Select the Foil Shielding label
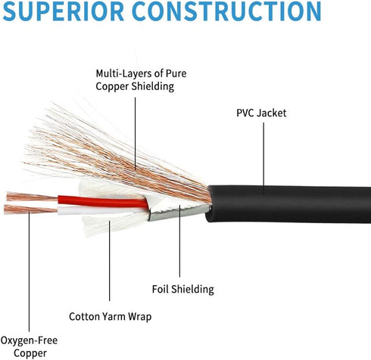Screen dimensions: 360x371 tap(182, 289)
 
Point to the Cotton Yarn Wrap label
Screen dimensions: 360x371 tap(109, 316)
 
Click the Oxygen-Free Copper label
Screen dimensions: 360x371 tap(28, 346)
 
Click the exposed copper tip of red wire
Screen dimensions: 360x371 tap(30, 197)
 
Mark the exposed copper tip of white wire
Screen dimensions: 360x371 tap(30, 209)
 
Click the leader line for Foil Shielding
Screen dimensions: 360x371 tap(180, 250)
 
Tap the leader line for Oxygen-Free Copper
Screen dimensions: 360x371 tap(28, 272)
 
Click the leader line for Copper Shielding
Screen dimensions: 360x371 tap(136, 129)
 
